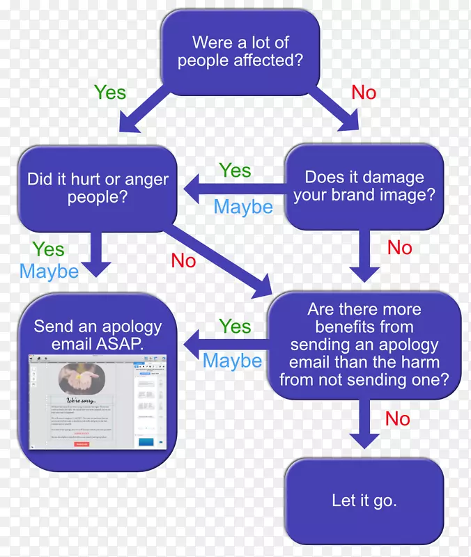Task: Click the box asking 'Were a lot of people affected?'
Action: (240, 53)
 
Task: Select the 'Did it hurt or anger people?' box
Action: (98, 188)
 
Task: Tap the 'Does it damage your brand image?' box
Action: (364, 186)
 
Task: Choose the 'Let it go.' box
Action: (364, 501)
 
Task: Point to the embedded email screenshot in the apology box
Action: (98, 403)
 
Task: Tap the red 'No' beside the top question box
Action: (364, 93)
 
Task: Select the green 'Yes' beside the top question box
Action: (110, 92)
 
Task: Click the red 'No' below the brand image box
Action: (400, 247)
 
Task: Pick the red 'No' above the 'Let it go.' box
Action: (398, 418)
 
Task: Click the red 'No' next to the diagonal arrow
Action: (184, 260)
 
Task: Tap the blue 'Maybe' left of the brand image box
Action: (243, 206)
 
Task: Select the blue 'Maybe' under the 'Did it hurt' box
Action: (49, 271)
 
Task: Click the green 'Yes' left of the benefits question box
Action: (235, 326)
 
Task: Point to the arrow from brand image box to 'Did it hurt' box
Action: (233, 189)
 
